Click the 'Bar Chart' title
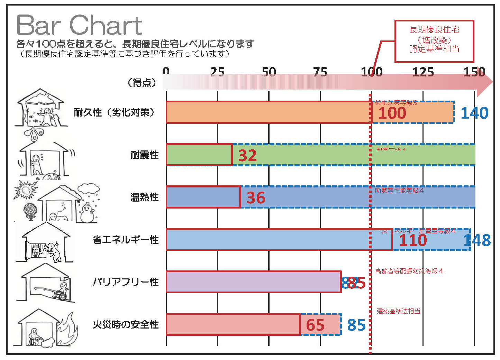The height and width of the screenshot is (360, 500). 79,25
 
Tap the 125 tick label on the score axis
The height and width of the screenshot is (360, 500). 423,72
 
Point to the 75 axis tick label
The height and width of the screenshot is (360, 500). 320,72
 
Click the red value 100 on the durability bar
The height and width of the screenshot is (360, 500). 392,113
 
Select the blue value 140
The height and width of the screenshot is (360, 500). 474,113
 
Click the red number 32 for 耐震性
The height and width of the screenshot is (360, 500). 247,155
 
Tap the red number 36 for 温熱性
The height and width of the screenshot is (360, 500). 256,198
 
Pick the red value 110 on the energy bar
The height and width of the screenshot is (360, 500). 413,240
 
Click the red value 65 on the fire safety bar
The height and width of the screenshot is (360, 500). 315,325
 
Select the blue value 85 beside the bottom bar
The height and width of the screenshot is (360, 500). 356,325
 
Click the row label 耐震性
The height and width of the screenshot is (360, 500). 144,155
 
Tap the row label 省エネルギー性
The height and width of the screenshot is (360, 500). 126,240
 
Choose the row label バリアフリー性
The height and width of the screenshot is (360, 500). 126,282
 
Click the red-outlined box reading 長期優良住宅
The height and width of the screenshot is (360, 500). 434,41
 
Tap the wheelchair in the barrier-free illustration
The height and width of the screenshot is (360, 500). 61,294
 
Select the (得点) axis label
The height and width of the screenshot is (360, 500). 142,83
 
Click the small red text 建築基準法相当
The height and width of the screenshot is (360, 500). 398,311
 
